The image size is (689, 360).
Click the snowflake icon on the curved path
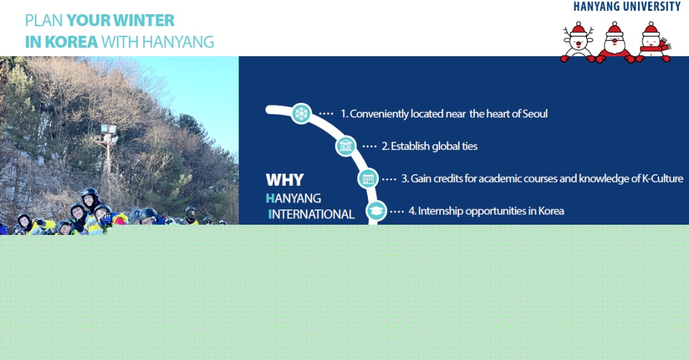[x=301, y=114]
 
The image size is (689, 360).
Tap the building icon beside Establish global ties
[x=346, y=146]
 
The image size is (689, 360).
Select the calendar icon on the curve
[x=368, y=179]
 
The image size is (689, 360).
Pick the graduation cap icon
[x=376, y=211]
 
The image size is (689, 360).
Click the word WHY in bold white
[x=285, y=180]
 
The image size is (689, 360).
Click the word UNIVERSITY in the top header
[x=651, y=6]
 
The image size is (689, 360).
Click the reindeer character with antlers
[x=578, y=41]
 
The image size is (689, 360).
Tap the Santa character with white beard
[x=614, y=41]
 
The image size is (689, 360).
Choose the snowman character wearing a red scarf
[x=653, y=41]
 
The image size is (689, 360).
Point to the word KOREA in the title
[x=71, y=41]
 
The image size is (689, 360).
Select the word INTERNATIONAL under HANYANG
[x=311, y=214]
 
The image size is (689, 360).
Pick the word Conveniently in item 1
[x=379, y=114]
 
